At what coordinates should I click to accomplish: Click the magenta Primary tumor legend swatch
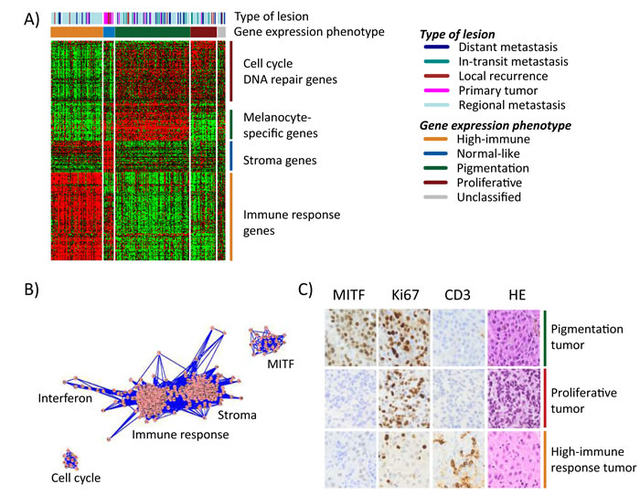click(x=436, y=90)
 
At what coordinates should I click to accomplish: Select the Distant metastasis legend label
click(x=507, y=47)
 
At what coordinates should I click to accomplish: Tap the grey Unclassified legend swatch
click(x=435, y=197)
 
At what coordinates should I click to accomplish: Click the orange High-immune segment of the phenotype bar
click(x=77, y=32)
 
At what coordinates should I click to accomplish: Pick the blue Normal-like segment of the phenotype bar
click(x=109, y=32)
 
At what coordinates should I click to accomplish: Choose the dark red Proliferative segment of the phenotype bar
click(x=203, y=32)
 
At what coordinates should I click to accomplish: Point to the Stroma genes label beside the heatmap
click(x=280, y=160)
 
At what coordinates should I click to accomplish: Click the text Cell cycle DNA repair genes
click(x=290, y=71)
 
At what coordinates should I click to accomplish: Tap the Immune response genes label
click(x=292, y=223)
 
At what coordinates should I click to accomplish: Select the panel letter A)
click(x=32, y=19)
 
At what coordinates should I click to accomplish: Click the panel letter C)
click(x=305, y=290)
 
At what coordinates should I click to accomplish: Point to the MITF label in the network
click(x=281, y=363)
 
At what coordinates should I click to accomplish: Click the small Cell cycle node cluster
click(x=69, y=460)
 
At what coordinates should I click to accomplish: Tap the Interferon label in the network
click(x=65, y=398)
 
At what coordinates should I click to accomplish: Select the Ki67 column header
click(x=405, y=295)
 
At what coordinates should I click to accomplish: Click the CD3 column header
click(x=457, y=295)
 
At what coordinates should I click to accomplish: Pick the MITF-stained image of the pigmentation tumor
click(x=350, y=338)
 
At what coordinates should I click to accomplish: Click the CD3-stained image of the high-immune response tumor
click(x=458, y=459)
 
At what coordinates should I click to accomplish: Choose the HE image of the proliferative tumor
click(x=514, y=398)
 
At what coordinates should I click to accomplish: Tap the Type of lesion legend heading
click(x=457, y=35)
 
